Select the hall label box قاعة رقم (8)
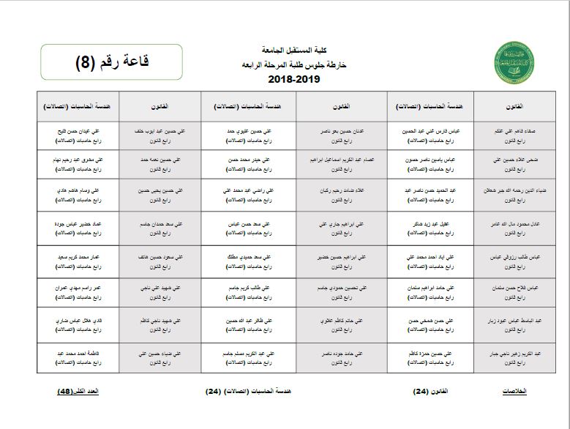(x=111, y=62)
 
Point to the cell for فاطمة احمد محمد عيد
(x=78, y=358)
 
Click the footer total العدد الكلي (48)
(x=78, y=391)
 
